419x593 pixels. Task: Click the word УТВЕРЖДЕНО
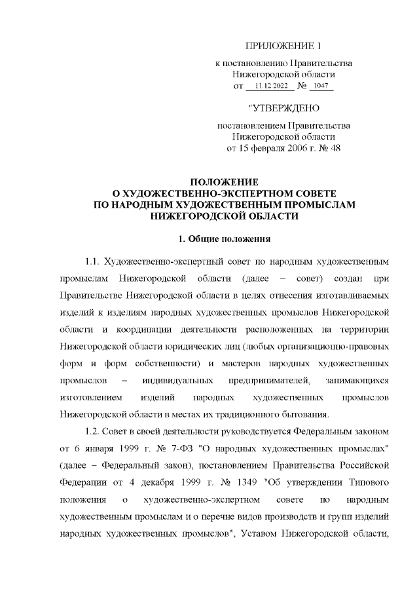[x=286, y=107]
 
